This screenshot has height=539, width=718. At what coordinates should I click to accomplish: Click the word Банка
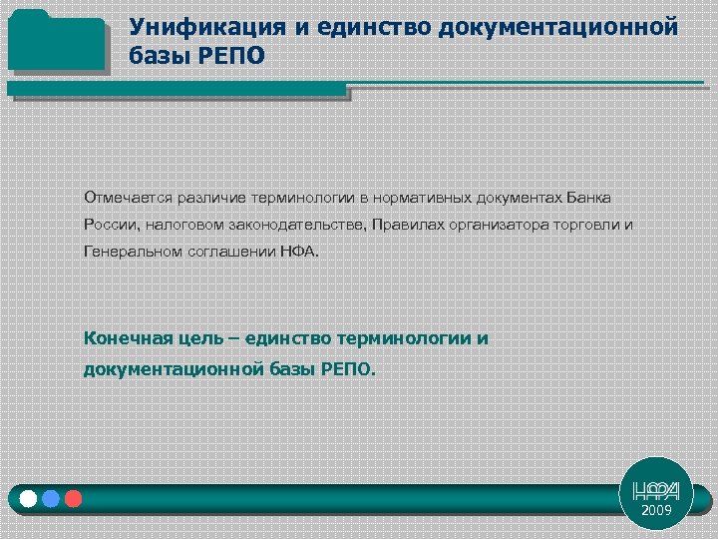589,197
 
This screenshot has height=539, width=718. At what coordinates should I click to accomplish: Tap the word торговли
587,225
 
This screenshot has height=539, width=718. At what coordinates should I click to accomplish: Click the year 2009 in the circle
657,510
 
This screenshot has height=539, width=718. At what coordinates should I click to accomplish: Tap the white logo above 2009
657,490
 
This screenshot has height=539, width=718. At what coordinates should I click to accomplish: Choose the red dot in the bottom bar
73,497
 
